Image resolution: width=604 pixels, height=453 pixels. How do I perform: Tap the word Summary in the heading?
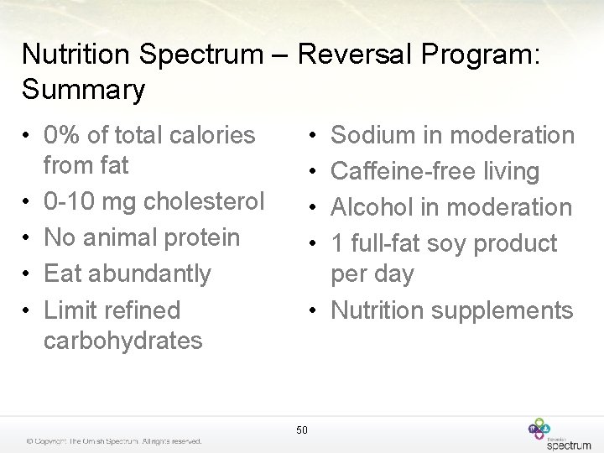(x=84, y=89)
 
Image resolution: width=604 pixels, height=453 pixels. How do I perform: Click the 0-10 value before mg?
(x=69, y=201)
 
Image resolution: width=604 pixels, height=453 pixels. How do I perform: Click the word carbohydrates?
(x=122, y=341)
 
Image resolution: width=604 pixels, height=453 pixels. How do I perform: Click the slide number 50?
(x=302, y=430)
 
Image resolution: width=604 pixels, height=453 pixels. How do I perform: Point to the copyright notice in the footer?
(x=113, y=441)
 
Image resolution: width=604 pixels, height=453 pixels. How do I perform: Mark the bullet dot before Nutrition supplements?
(x=311, y=311)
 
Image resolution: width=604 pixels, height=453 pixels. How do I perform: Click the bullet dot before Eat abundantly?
(x=28, y=274)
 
